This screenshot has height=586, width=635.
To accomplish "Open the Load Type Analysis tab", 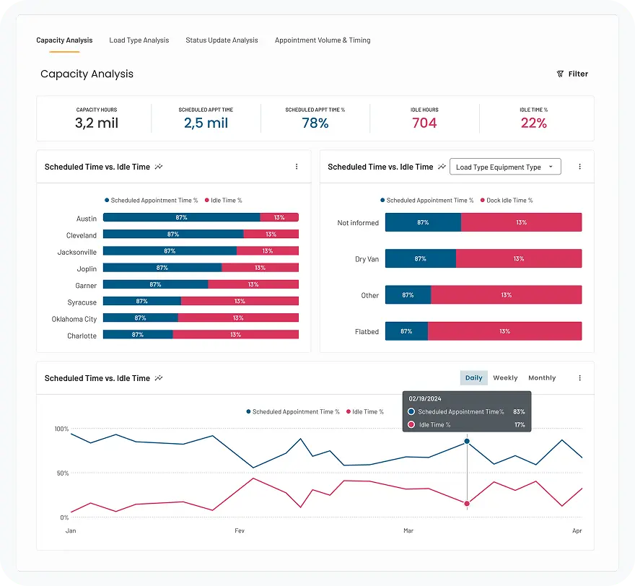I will [x=139, y=40].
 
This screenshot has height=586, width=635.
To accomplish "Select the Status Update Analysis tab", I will [x=222, y=40].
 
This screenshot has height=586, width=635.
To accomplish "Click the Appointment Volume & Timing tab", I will [x=323, y=40].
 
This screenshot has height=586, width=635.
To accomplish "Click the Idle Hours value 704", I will [x=424, y=123].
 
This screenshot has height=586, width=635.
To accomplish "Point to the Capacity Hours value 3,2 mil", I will [x=97, y=123].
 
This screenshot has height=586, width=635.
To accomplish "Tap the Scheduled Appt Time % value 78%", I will [x=315, y=123].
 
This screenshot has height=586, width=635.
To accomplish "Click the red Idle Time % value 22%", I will [x=534, y=123].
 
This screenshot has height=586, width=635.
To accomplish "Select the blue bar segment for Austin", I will [x=181, y=217].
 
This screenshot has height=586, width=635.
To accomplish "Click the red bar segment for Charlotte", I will [x=235, y=335].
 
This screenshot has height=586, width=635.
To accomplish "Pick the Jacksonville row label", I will [x=77, y=252].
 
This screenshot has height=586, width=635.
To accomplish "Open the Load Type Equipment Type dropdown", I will [x=505, y=167].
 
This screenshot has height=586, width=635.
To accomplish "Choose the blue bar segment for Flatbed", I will [x=406, y=331].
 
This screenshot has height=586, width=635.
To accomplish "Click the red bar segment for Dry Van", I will [x=519, y=258].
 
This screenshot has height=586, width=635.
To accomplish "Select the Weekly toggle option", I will [x=505, y=377].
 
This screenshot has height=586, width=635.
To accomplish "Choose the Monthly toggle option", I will [x=542, y=377].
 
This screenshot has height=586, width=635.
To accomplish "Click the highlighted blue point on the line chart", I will [x=467, y=441].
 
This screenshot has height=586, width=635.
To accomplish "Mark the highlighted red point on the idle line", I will [x=467, y=504].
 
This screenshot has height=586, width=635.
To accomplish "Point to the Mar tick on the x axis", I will [x=408, y=530].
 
